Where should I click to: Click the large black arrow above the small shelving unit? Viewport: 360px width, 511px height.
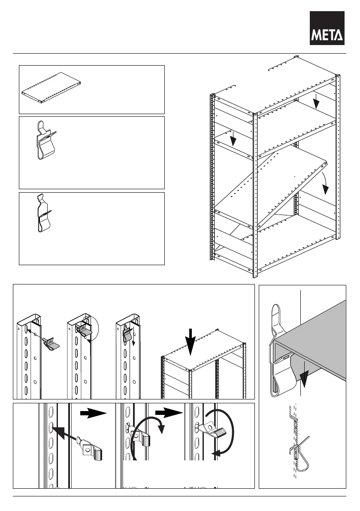click(x=191, y=344)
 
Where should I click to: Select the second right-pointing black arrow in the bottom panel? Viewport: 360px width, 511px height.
click(x=168, y=414)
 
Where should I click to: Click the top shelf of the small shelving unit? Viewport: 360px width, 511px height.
click(x=204, y=348)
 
